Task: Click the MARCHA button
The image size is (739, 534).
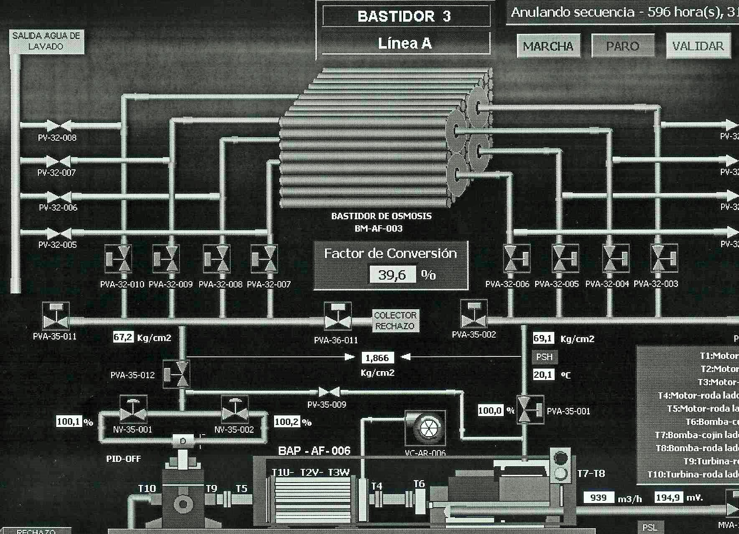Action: (x=548, y=46)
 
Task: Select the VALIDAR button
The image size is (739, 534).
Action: (x=698, y=46)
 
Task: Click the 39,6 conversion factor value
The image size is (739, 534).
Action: (x=392, y=275)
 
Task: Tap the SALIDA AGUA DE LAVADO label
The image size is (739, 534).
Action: (x=46, y=41)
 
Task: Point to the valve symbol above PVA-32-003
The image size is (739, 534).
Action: (x=664, y=258)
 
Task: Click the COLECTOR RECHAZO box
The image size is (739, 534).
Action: (x=395, y=320)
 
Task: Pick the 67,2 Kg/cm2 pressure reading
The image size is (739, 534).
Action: (x=123, y=337)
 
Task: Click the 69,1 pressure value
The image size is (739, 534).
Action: (x=543, y=338)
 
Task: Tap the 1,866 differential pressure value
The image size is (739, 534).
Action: (x=377, y=358)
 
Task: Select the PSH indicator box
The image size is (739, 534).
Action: (x=544, y=357)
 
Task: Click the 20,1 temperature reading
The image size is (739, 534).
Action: (x=543, y=374)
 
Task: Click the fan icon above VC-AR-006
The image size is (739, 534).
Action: (x=426, y=428)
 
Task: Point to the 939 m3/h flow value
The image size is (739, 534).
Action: (x=599, y=498)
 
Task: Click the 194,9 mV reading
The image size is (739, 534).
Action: (x=668, y=498)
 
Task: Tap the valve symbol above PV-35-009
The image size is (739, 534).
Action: (x=329, y=392)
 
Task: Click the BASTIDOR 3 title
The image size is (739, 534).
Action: (x=404, y=16)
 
